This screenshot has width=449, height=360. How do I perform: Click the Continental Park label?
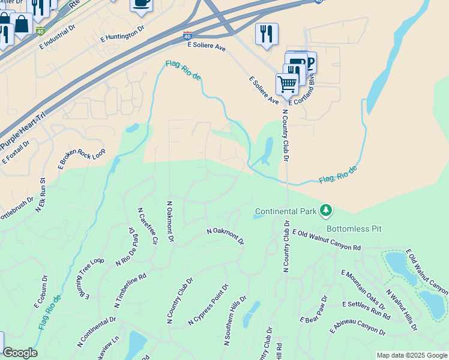[285, 211]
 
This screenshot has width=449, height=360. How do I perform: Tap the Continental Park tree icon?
[326, 210]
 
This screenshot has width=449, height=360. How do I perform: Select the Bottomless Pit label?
[354, 229]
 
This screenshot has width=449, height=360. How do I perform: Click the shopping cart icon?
[288, 83]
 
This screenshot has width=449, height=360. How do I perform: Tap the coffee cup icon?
[142, 4]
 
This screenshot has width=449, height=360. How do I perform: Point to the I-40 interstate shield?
[188, 36]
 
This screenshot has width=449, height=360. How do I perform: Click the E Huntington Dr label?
[123, 34]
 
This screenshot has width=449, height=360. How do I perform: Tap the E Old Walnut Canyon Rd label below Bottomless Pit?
[327, 239]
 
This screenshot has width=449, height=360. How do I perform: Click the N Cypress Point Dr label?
[208, 305]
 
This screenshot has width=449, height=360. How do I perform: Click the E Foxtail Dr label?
[16, 152]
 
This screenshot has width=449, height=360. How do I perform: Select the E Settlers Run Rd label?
[366, 308]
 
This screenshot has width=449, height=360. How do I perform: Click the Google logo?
[20, 353]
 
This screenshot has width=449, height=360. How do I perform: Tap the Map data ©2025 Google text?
[412, 355]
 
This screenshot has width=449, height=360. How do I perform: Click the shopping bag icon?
[22, 24]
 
